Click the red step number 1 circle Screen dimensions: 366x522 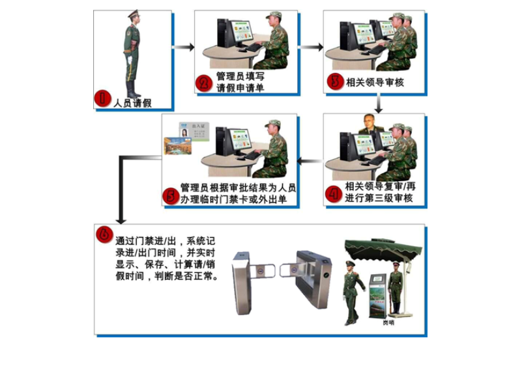click(x=102, y=99)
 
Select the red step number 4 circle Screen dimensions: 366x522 click(x=335, y=194)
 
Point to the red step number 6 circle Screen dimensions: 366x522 click(x=104, y=233)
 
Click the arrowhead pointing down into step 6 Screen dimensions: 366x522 click(x=119, y=217)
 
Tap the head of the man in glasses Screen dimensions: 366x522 click(x=370, y=124)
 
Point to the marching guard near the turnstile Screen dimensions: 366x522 click(x=352, y=293)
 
